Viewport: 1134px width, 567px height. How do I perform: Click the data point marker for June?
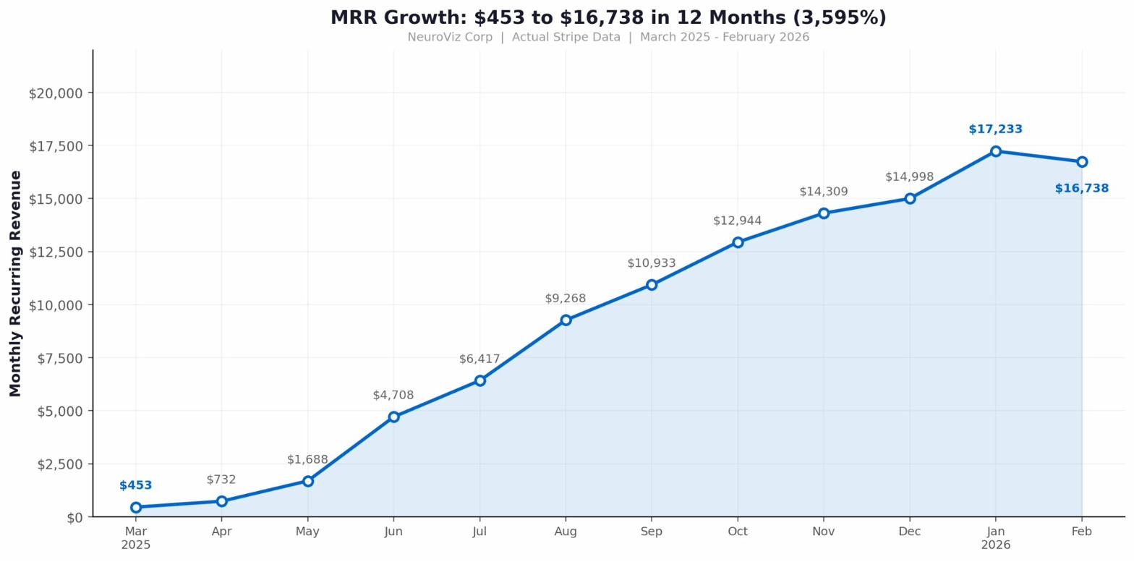[393, 417]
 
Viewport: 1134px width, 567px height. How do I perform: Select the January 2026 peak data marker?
[996, 151]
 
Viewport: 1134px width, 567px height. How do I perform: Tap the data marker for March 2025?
[136, 507]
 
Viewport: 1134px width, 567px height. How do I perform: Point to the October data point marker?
[738, 242]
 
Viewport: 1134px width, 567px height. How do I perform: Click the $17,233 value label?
[995, 129]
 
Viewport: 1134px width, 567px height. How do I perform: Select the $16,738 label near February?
[1081, 189]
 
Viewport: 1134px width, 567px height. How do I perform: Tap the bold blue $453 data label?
[136, 485]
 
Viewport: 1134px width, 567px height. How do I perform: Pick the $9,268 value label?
[566, 299]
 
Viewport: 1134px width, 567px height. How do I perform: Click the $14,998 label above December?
[909, 177]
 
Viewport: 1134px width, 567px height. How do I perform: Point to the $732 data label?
[221, 479]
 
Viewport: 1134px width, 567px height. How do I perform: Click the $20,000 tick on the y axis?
[56, 93]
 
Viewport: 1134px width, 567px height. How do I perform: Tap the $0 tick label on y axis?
[74, 517]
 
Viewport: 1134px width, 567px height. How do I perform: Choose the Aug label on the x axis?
[566, 532]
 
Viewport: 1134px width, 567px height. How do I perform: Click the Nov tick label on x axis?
[823, 532]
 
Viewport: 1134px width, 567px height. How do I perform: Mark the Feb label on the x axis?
[1081, 532]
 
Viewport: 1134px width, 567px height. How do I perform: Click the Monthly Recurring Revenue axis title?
[16, 283]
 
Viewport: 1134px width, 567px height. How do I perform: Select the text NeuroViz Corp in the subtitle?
[449, 37]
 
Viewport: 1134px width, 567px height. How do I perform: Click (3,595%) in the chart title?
[841, 18]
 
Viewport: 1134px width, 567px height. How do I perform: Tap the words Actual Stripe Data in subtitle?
[566, 37]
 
